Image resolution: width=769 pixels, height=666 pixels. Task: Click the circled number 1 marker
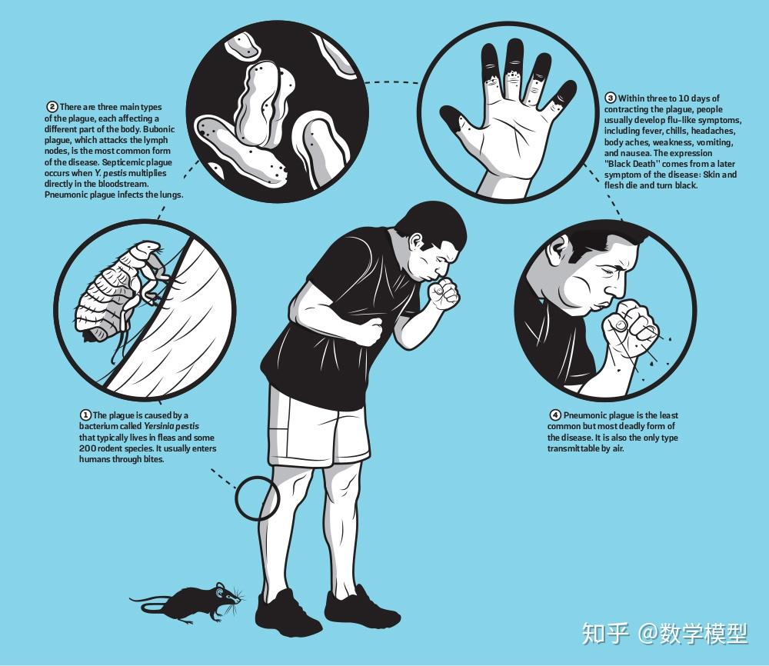[x=85, y=415]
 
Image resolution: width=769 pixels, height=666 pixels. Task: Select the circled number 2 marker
[x=52, y=107]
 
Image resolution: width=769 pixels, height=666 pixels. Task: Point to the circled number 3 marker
[x=611, y=98]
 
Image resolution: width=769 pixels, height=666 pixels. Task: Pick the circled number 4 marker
[x=554, y=415]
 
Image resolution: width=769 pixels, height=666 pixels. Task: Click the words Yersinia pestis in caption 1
[x=171, y=426]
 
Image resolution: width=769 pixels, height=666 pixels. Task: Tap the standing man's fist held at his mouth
[x=444, y=294]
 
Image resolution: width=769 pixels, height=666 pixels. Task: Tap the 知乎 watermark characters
[x=605, y=633]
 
